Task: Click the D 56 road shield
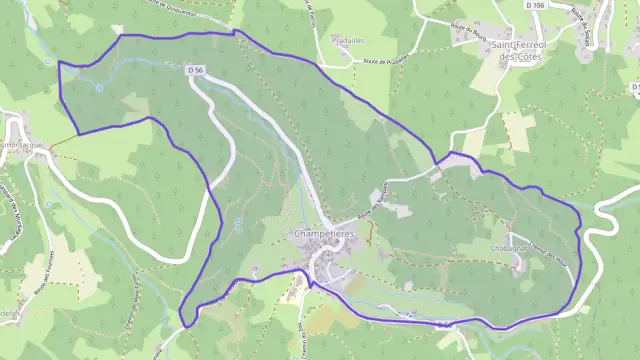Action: click(x=195, y=70)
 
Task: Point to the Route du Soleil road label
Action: click(x=576, y=20)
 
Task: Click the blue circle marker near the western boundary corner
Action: click(x=99, y=88)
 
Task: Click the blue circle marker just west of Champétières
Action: click(x=237, y=221)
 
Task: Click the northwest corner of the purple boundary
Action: click(x=59, y=63)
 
